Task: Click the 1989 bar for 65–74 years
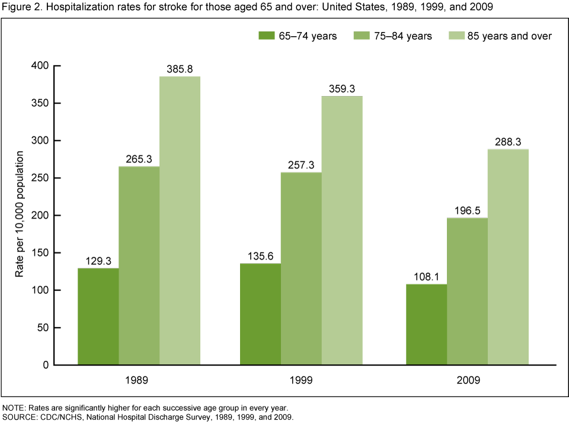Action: tap(98, 316)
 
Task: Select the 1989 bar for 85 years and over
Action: tap(180, 220)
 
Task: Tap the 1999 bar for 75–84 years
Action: tap(301, 268)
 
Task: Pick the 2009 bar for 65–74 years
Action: tap(426, 324)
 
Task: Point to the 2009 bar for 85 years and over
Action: tap(508, 257)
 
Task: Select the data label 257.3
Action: tap(301, 165)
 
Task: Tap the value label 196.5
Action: tap(467, 210)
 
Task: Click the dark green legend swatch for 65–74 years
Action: tap(266, 36)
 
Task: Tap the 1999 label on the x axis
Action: tap(301, 381)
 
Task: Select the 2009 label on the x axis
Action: tap(467, 381)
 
